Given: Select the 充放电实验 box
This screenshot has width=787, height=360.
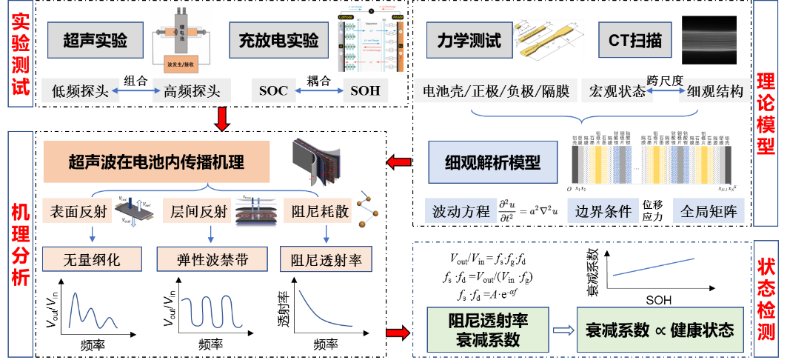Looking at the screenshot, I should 278,41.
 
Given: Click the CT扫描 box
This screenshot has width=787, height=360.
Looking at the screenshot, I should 635,41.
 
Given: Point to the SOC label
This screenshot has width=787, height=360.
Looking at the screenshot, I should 273,91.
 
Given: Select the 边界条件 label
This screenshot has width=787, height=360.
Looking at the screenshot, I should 603,211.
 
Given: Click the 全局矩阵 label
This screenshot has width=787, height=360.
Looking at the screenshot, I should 709,211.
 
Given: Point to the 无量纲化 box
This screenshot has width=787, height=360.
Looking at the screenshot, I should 92,259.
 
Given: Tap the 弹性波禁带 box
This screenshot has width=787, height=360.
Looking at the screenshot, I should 211,259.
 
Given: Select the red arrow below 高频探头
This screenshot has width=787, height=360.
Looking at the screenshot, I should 220,119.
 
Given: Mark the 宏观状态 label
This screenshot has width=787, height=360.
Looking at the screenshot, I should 617,91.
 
